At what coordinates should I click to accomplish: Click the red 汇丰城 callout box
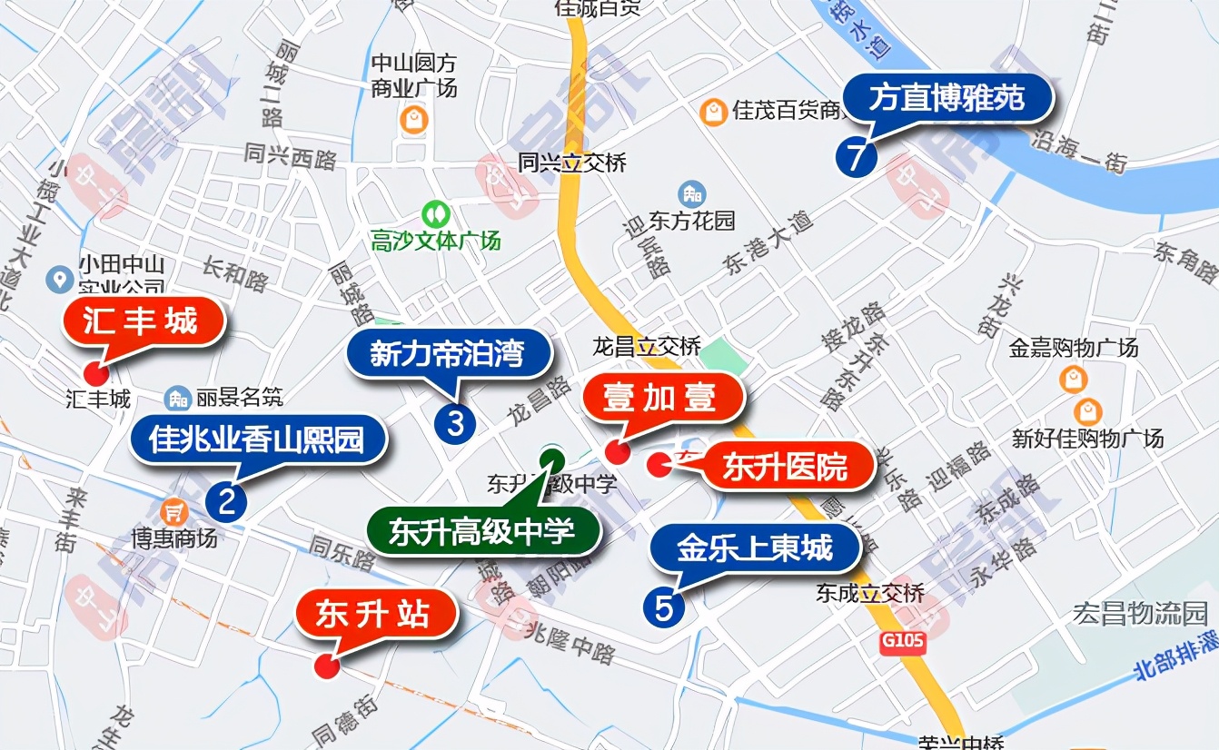point(144,321)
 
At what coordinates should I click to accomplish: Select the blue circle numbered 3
point(455,423)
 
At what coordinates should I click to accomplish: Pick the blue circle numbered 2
point(226,501)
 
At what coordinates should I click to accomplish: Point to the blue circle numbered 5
point(664,607)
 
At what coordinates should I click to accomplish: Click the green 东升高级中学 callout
point(482,531)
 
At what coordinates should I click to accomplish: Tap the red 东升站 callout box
point(376,616)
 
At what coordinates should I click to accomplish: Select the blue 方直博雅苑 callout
point(947,98)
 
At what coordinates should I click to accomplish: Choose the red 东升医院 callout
point(786,467)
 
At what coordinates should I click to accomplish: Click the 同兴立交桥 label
point(572,163)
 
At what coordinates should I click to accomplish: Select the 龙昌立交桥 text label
point(647,346)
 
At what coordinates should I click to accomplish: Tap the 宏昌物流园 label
point(1140,613)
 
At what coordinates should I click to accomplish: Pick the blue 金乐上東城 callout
point(754,548)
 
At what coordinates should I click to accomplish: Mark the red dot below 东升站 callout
point(326,666)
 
